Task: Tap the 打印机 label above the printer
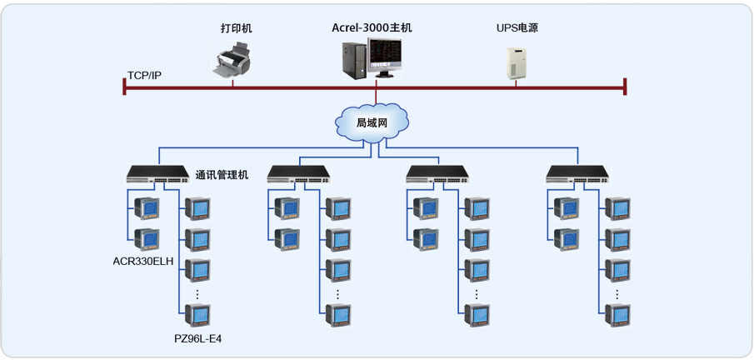[x=236, y=28]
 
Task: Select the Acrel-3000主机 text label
[x=371, y=27]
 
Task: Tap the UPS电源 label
[x=517, y=27]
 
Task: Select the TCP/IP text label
[x=144, y=76]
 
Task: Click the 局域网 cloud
[x=372, y=122]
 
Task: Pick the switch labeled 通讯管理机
[x=158, y=174]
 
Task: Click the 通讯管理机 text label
[x=222, y=175]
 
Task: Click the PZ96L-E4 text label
[x=198, y=338]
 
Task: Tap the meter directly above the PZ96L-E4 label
[x=197, y=314]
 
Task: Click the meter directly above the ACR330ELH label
[x=147, y=238]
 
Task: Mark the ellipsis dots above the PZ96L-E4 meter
[x=197, y=293]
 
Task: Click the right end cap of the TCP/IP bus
[x=624, y=86]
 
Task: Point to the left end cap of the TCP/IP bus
[x=124, y=86]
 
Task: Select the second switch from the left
[x=299, y=174]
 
